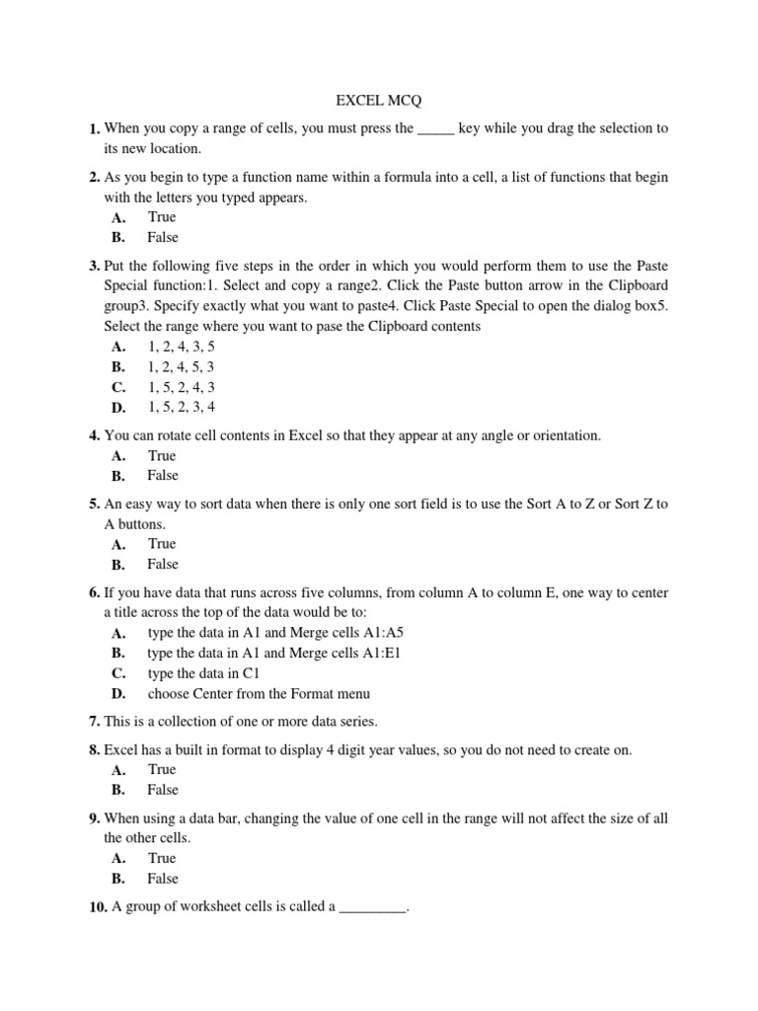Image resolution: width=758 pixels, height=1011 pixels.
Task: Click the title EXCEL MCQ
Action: [378, 100]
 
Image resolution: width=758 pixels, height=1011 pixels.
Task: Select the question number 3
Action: [94, 267]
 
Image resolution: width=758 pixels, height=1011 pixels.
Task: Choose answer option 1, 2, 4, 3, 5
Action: [181, 347]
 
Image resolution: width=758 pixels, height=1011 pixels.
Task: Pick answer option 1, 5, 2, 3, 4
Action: [181, 406]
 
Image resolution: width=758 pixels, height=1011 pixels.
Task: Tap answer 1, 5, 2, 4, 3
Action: [181, 386]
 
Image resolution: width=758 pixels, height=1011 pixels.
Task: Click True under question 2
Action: [162, 217]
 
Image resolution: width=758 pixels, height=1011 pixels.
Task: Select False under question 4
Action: [163, 475]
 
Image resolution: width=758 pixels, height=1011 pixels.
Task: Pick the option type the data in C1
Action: [202, 673]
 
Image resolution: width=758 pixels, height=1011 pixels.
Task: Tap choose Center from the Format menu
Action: [259, 693]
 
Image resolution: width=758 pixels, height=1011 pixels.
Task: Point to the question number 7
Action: [94, 722]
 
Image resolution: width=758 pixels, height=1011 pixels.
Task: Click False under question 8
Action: [163, 789]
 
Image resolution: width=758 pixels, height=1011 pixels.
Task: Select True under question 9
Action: [162, 858]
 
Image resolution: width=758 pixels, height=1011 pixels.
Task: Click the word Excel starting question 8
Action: [122, 750]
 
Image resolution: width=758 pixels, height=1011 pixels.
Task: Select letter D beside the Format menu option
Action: [118, 694]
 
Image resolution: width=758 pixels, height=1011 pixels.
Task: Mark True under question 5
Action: [162, 544]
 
